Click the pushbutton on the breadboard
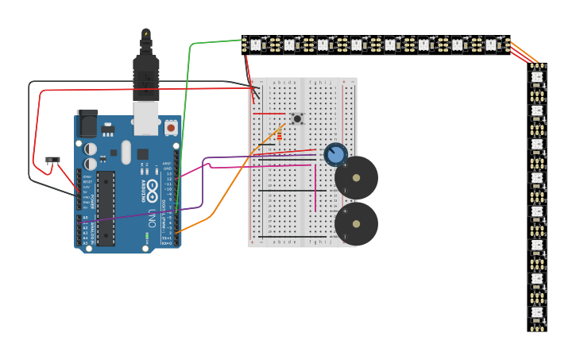(x=297, y=118)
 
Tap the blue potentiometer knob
(x=335, y=154)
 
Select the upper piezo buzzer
(x=356, y=178)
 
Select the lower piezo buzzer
(x=356, y=224)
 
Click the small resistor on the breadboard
(x=279, y=136)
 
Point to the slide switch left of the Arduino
(x=52, y=160)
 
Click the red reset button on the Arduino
(x=171, y=127)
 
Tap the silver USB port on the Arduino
(x=146, y=118)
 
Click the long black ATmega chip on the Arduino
(x=106, y=207)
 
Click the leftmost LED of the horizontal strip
(x=255, y=45)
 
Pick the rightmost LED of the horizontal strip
(x=491, y=45)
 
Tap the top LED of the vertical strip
(x=537, y=77)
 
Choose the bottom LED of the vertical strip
(x=537, y=312)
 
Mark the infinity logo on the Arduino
(x=152, y=189)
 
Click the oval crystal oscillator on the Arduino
(x=126, y=152)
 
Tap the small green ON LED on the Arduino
(x=146, y=236)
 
